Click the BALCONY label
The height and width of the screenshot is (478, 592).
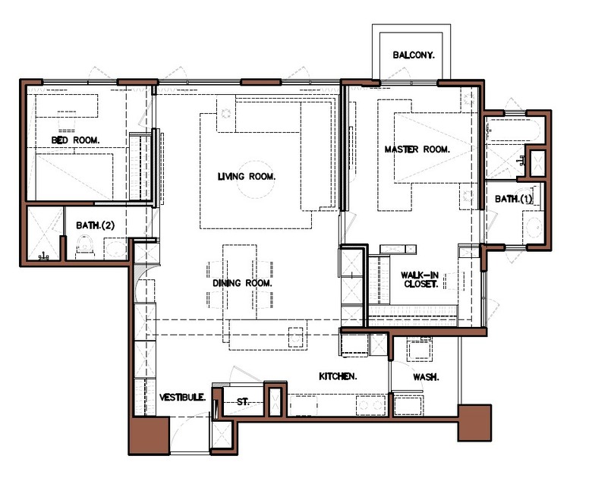414,55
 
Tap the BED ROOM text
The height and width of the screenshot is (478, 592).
75,140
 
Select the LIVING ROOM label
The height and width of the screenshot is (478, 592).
247,176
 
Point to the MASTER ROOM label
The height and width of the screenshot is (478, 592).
417,149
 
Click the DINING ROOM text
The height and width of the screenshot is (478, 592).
242,283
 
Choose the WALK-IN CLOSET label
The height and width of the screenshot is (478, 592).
420,280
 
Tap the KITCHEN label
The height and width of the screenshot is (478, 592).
338,376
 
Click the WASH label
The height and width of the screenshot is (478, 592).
426,377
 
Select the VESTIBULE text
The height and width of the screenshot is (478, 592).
183,398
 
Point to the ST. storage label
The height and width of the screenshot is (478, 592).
243,401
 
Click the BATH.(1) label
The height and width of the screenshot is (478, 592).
514,199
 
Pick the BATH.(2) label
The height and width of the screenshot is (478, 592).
95,225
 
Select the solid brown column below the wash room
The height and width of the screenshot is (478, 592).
474,423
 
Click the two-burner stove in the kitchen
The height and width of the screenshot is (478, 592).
370,405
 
